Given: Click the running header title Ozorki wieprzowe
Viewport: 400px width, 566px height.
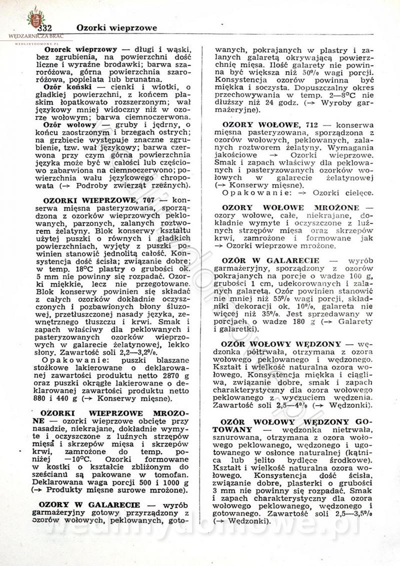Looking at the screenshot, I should click(x=116, y=27).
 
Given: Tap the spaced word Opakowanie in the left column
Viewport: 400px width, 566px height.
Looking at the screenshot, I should click(x=67, y=360).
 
